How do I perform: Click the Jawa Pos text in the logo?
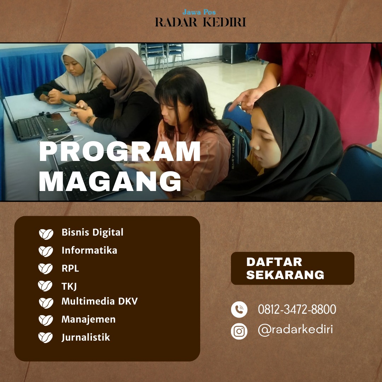pyautogui.click(x=199, y=12)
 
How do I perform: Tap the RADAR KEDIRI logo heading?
pyautogui.click(x=201, y=22)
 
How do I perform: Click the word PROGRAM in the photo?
pyautogui.click(x=120, y=151)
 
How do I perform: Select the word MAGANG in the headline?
pyautogui.click(x=110, y=181)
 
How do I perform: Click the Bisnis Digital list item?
pyautogui.click(x=92, y=232)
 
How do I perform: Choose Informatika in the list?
pyautogui.click(x=89, y=250)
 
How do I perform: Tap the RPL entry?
pyautogui.click(x=70, y=268)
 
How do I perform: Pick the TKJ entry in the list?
pyautogui.click(x=69, y=286)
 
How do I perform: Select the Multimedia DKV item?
pyautogui.click(x=99, y=301)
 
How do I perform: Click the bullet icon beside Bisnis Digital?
pyautogui.click(x=46, y=234)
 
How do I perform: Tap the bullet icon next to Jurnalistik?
pyautogui.click(x=46, y=338)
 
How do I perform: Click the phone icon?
pyautogui.click(x=239, y=309)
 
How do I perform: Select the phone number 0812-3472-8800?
pyautogui.click(x=297, y=309)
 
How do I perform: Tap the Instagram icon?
pyautogui.click(x=239, y=331)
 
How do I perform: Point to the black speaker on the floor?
pyautogui.click(x=234, y=53)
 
